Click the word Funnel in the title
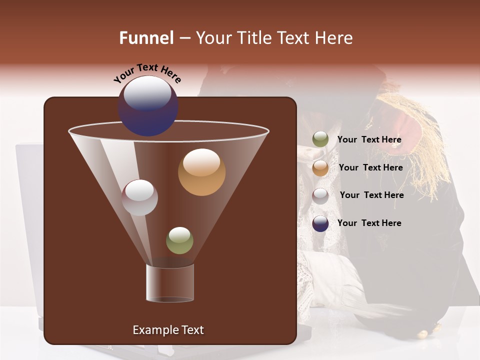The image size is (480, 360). (x=146, y=38)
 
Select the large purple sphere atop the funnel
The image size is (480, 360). (x=147, y=106)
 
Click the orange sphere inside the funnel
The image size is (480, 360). (x=201, y=172)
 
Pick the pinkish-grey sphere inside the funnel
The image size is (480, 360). (x=139, y=197)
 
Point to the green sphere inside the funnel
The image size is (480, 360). (x=179, y=240)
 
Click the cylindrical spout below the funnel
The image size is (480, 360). (x=170, y=283)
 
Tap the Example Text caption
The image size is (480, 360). (x=168, y=330)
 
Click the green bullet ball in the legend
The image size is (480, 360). (x=320, y=139)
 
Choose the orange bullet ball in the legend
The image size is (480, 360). (x=320, y=168)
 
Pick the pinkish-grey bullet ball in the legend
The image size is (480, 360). (x=320, y=196)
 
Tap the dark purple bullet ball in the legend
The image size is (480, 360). (x=320, y=223)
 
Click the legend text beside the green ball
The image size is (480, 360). (x=369, y=140)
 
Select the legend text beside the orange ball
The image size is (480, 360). (x=370, y=167)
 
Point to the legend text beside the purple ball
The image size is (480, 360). (x=369, y=223)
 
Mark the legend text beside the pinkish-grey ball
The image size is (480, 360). (x=371, y=195)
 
